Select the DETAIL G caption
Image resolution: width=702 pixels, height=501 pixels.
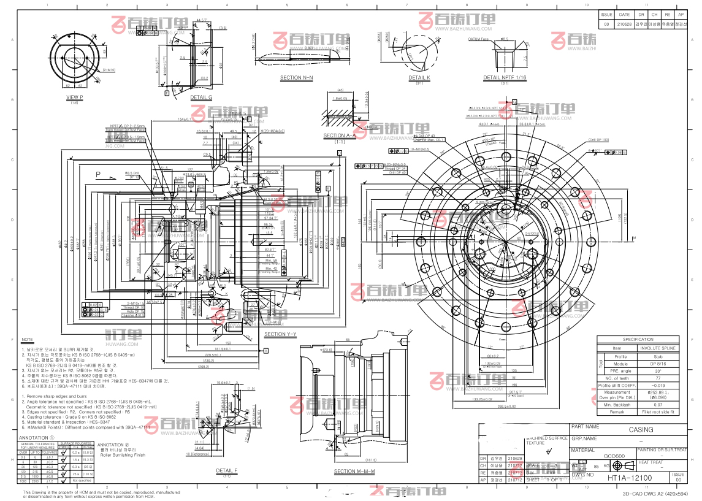pos(201,97)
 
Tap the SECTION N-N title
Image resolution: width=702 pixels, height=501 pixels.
pos(296,78)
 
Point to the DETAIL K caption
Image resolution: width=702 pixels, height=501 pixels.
pos(419,78)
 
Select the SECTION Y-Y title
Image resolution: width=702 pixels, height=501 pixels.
pos(280,334)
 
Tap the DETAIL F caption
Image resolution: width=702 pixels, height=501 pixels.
pos(226,471)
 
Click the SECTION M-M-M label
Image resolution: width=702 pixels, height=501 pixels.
pos(354,471)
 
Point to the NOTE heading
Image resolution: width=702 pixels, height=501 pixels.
pos(28,339)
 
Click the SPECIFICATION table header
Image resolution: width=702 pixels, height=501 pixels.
pos(638,339)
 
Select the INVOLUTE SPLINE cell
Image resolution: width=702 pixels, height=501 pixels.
pos(658,348)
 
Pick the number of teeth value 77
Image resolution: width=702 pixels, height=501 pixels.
pos(658,378)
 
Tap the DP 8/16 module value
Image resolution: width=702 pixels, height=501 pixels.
pos(658,363)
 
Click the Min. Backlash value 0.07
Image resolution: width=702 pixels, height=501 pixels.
pos(658,405)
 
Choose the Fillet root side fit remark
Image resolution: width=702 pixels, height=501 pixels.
pos(658,412)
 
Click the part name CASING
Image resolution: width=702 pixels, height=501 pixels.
pos(641,430)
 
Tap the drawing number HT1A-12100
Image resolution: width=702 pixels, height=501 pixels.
pos(630,477)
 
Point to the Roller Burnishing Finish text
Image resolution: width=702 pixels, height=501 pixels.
pos(123,455)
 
